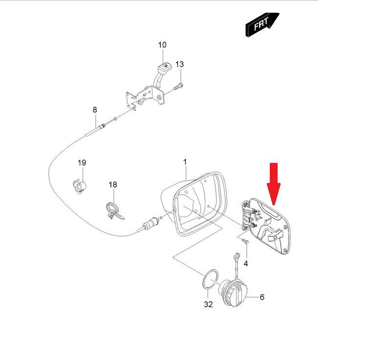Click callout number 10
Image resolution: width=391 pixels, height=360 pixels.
[x=162, y=45]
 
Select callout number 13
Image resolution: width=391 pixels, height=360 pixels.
[x=179, y=64]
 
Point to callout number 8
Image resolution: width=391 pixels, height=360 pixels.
[x=95, y=110]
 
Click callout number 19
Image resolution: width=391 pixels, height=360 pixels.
[x=82, y=162]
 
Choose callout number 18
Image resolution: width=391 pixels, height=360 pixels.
[x=113, y=184]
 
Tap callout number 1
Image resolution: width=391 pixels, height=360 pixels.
[x=185, y=161]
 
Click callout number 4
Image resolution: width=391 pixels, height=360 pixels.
[x=246, y=263]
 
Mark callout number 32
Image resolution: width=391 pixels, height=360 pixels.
[x=208, y=304]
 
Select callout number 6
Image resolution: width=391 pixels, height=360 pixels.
[x=262, y=297]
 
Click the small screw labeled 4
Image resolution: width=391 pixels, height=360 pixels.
[x=245, y=241]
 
